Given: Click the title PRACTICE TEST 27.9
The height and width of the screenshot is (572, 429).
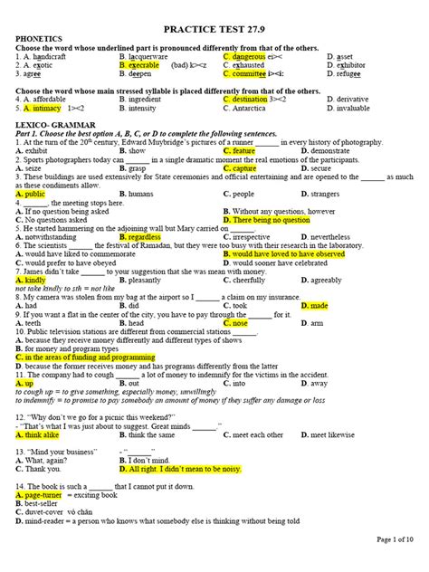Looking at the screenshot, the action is click(214, 30).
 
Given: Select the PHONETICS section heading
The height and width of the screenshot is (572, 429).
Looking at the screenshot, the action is click(41, 41).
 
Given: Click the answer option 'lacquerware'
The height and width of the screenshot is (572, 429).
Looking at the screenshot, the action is click(146, 56).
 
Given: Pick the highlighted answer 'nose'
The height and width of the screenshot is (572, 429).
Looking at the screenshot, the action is click(239, 322).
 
